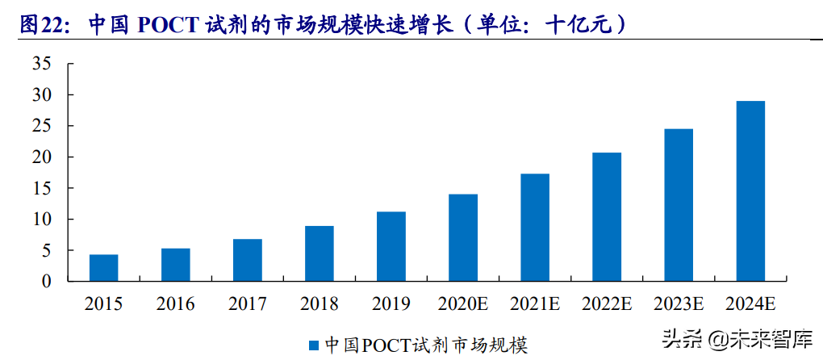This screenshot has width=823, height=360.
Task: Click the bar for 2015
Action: click(103, 268)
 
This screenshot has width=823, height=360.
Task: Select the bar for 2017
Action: click(247, 260)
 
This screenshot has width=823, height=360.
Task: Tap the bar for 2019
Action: click(391, 246)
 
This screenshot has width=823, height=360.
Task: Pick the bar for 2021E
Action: click(534, 228)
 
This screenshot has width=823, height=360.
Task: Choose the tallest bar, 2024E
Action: click(750, 191)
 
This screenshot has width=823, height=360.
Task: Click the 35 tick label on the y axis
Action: click(41, 64)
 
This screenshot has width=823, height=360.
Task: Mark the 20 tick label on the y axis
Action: click(41, 157)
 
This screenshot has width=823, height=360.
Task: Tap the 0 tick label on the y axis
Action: click(47, 282)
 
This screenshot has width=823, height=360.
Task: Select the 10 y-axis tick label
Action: click(41, 220)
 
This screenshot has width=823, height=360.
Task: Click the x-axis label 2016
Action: click(175, 304)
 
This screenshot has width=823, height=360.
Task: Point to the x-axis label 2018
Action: click(319, 304)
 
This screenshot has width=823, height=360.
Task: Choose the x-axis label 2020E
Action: click(462, 304)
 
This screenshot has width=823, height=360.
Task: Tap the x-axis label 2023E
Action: click(679, 304)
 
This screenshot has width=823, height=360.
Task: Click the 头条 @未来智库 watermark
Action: click(737, 338)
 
